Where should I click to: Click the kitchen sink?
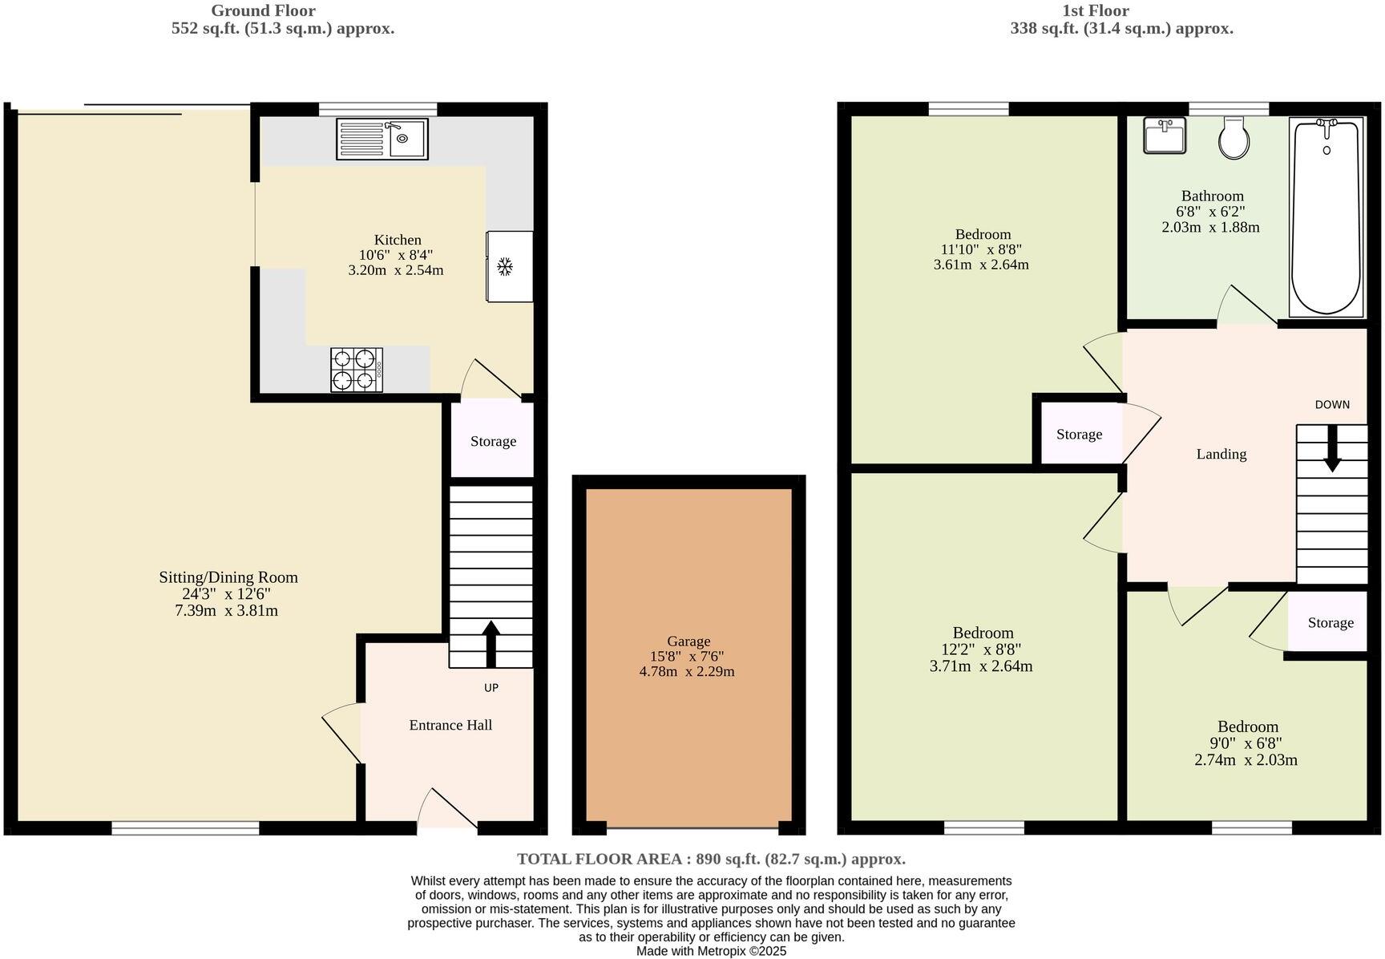(382, 139)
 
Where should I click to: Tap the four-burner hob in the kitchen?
(357, 370)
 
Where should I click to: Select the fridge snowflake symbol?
(505, 267)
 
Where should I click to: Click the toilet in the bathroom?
(1234, 137)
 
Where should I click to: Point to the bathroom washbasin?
(1165, 136)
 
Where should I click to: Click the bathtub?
(1326, 216)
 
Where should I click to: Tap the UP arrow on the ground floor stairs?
(491, 644)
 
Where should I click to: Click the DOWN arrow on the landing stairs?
(1332, 447)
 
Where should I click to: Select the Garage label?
(688, 641)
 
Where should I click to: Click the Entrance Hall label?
(450, 725)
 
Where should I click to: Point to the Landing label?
(1221, 454)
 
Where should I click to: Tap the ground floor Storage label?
(493, 441)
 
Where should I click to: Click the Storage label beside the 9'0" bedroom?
(1330, 622)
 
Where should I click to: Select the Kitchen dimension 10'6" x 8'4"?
(396, 255)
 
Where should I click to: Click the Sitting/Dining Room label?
(228, 577)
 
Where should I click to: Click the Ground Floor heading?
(263, 10)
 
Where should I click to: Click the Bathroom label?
(1212, 196)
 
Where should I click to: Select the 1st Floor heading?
(1096, 10)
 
